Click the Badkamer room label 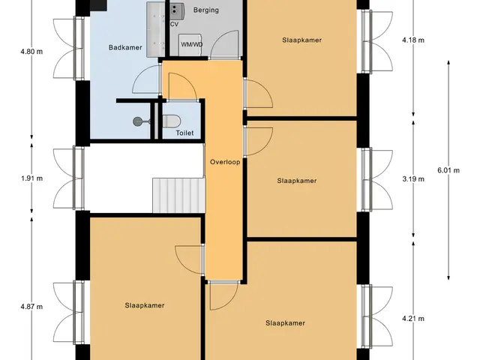click(x=125, y=47)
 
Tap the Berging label click(x=206, y=10)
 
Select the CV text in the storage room click(x=174, y=24)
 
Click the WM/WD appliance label click(x=192, y=45)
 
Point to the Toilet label click(x=184, y=133)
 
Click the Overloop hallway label click(x=225, y=162)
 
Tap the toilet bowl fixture click(x=171, y=121)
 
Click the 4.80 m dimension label click(x=31, y=52)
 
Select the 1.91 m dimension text click(x=31, y=178)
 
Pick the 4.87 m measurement click(x=31, y=307)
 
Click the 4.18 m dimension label click(x=413, y=40)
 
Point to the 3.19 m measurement click(x=413, y=178)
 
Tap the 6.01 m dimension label click(x=448, y=170)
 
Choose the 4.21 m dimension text click(x=413, y=319)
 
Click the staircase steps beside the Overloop click(x=178, y=195)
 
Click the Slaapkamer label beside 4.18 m click(x=301, y=40)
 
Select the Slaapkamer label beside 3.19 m click(x=297, y=181)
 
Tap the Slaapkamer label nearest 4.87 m click(x=145, y=305)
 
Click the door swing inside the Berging click(x=223, y=43)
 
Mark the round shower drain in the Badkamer click(x=137, y=121)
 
